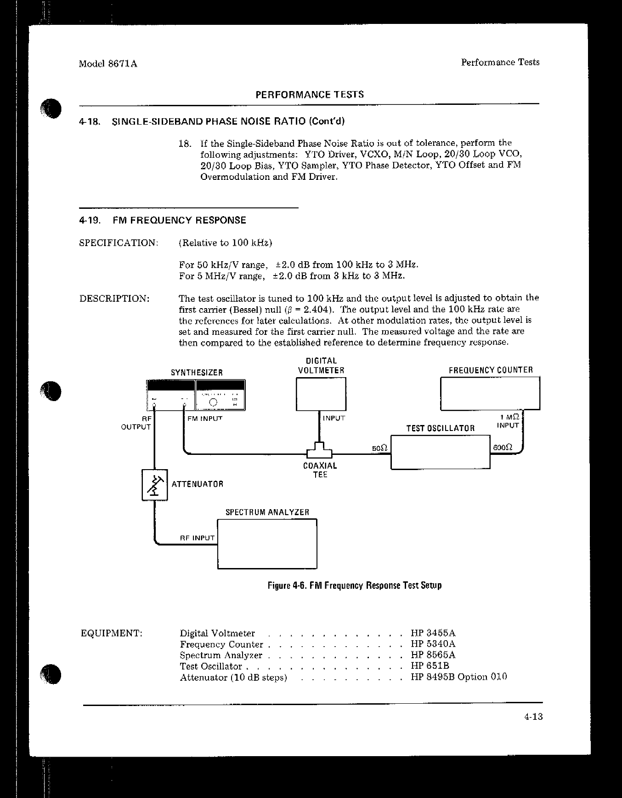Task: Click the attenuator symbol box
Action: click(x=155, y=484)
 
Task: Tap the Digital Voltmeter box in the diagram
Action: click(x=321, y=394)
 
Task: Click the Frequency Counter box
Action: click(x=490, y=393)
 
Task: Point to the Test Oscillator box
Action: click(x=440, y=452)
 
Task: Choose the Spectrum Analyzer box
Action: click(x=267, y=544)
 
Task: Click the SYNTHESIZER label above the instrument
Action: click(x=197, y=373)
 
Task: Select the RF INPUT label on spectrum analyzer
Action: click(x=197, y=538)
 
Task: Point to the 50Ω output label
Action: click(x=380, y=448)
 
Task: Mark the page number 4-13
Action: click(x=533, y=717)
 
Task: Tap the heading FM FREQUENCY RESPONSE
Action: click(x=179, y=220)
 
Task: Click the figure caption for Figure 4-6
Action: click(x=355, y=586)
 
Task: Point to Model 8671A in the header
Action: click(x=108, y=64)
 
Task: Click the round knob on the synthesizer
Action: click(x=213, y=402)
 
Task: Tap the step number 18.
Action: click(x=184, y=144)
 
